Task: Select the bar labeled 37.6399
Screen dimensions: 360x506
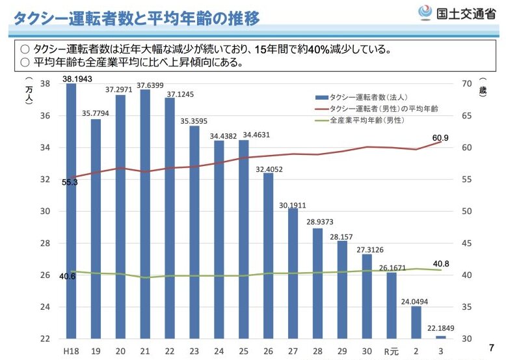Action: pyautogui.click(x=145, y=215)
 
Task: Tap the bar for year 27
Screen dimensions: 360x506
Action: pyautogui.click(x=293, y=273)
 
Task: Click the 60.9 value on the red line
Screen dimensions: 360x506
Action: pyautogui.click(x=440, y=137)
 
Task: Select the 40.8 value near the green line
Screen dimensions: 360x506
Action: pyautogui.click(x=440, y=264)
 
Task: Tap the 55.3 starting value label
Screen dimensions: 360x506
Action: pyautogui.click(x=70, y=182)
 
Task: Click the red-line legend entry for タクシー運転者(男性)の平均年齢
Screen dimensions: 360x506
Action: pyautogui.click(x=383, y=109)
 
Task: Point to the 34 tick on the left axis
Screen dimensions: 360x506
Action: pyautogui.click(x=46, y=148)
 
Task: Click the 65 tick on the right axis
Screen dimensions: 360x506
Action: pyautogui.click(x=466, y=116)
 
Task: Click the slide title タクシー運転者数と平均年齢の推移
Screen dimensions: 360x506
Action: pyautogui.click(x=137, y=18)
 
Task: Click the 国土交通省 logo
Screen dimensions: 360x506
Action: pyautogui.click(x=459, y=13)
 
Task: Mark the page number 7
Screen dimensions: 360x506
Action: pyautogui.click(x=490, y=346)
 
